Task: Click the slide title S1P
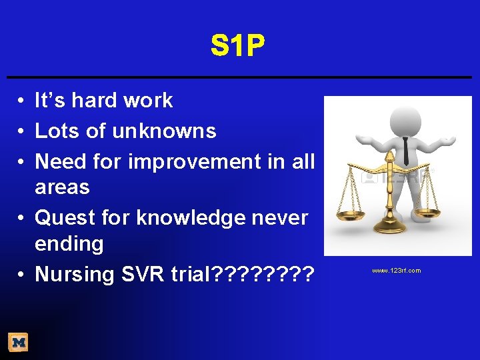pos(238,47)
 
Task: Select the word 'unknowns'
pos(164,131)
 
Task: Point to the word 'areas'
pos(62,187)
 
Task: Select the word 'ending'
pos(69,244)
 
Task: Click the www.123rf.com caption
pos(396,271)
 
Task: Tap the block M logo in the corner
pos(18,343)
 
